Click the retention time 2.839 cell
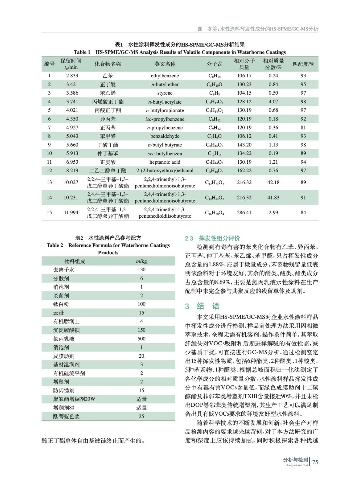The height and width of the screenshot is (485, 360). pos(72,76)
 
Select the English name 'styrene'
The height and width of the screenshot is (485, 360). pos(165,93)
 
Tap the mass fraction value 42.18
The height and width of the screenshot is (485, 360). pos(273,182)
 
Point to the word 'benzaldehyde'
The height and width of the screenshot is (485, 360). pos(165,136)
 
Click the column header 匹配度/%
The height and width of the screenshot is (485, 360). pos(303,64)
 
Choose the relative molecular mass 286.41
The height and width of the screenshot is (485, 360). pos(244,213)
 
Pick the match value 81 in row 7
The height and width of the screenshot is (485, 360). pos(303,128)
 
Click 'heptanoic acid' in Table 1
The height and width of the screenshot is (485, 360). pos(165,162)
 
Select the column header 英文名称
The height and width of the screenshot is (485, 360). pos(165,64)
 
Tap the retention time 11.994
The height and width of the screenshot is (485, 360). pos(71,213)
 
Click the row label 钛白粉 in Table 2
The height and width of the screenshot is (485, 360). pos(61,304)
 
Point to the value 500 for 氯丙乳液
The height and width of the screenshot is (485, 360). pos(141,339)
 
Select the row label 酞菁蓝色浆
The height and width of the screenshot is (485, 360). pos(66,417)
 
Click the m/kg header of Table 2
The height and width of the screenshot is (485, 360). pos(141,261)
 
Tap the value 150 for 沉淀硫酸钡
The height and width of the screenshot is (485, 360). pos(141,330)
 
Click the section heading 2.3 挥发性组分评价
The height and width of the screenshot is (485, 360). pos(212,239)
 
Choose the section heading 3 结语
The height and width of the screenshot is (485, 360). pos(202,306)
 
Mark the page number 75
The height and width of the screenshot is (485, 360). pos(315,462)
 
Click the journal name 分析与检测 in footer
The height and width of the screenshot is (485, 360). pos(296,460)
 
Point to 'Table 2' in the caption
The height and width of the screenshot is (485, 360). pos(55,246)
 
